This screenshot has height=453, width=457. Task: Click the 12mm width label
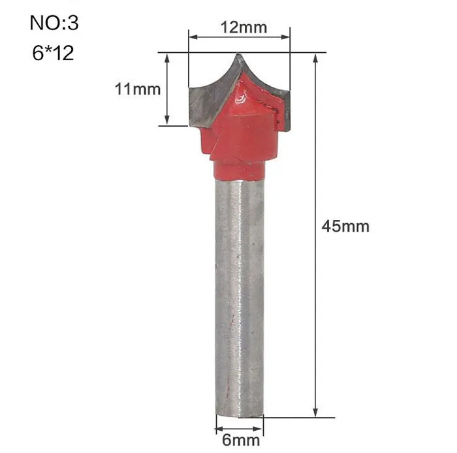(x=244, y=27)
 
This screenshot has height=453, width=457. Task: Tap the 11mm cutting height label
(x=138, y=89)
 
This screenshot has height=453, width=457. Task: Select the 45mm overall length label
(x=345, y=226)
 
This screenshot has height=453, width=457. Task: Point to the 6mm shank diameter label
(x=241, y=440)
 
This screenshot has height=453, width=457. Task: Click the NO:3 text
(x=54, y=23)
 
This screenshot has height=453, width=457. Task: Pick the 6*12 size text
(x=53, y=53)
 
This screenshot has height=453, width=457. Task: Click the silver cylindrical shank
(x=240, y=296)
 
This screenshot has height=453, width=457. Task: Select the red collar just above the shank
(x=239, y=171)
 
